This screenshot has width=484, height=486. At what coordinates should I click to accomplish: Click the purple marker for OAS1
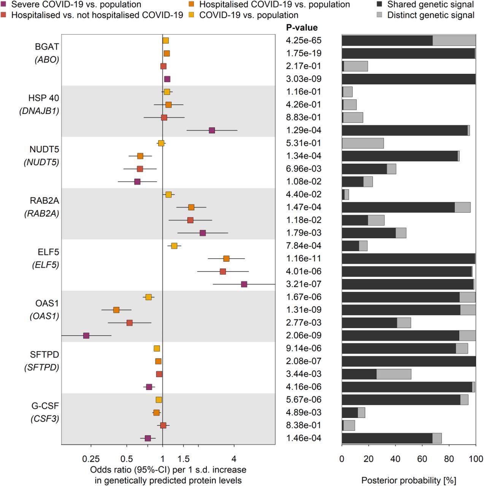pyautogui.click(x=86, y=336)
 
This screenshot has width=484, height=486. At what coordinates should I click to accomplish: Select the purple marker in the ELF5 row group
pyautogui.click(x=244, y=284)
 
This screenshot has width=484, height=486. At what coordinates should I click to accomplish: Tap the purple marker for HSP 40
pyautogui.click(x=212, y=130)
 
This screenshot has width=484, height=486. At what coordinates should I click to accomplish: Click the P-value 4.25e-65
pyautogui.click(x=303, y=40)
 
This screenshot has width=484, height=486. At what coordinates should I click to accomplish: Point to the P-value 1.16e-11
pyautogui.click(x=303, y=258)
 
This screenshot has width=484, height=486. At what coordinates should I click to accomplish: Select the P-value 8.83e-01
pyautogui.click(x=303, y=117)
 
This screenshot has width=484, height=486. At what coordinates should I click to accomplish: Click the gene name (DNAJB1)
pyautogui.click(x=39, y=111)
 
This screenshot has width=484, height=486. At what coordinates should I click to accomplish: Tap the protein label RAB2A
pyautogui.click(x=44, y=201)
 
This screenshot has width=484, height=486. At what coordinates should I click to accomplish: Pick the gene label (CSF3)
pyautogui.click(x=44, y=419)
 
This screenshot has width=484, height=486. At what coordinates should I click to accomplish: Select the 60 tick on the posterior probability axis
pyautogui.click(x=422, y=459)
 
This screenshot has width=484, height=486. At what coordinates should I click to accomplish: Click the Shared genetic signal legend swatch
pyautogui.click(x=379, y=5)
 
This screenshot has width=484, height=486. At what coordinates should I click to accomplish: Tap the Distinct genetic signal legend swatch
pyautogui.click(x=379, y=15)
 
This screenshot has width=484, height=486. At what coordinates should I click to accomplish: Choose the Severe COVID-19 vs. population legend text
pyautogui.click(x=76, y=5)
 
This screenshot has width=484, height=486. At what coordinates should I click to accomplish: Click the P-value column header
pyautogui.click(x=302, y=27)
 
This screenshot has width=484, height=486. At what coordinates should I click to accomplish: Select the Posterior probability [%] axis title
pyautogui.click(x=409, y=480)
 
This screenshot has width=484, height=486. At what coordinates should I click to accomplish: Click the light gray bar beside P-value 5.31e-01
pyautogui.click(x=363, y=143)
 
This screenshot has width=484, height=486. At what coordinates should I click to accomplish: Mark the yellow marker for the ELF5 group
pyautogui.click(x=174, y=246)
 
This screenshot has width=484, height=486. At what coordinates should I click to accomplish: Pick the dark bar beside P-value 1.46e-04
pyautogui.click(x=387, y=438)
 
